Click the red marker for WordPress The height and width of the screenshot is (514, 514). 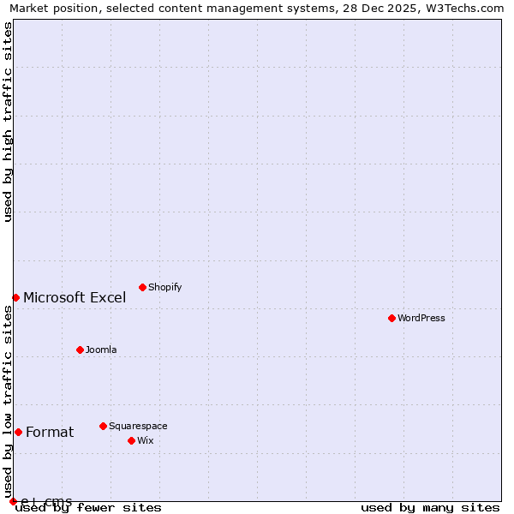tap(391, 318)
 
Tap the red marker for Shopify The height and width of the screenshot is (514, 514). tap(142, 287)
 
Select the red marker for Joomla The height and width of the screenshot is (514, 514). tap(80, 350)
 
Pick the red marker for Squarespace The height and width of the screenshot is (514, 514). tap(103, 426)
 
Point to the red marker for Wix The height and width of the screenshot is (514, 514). tap(131, 440)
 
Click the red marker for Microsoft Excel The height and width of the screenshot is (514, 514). tap(15, 297)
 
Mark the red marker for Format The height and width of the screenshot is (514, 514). tap(18, 432)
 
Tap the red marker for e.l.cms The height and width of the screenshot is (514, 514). tap(13, 501)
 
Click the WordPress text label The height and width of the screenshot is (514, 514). tap(421, 319)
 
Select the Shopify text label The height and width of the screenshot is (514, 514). tap(165, 288)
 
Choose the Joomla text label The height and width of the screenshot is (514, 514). tap(101, 350)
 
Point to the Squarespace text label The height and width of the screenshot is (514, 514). tap(138, 427)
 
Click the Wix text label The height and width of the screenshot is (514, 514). tap(146, 441)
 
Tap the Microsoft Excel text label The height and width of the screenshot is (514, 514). tap(75, 298)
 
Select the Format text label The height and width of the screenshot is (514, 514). tap(50, 433)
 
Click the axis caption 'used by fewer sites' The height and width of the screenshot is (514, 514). tap(88, 508)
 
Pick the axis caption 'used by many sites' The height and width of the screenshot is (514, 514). tap(430, 508)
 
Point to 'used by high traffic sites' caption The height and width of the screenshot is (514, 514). tap(9, 122)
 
